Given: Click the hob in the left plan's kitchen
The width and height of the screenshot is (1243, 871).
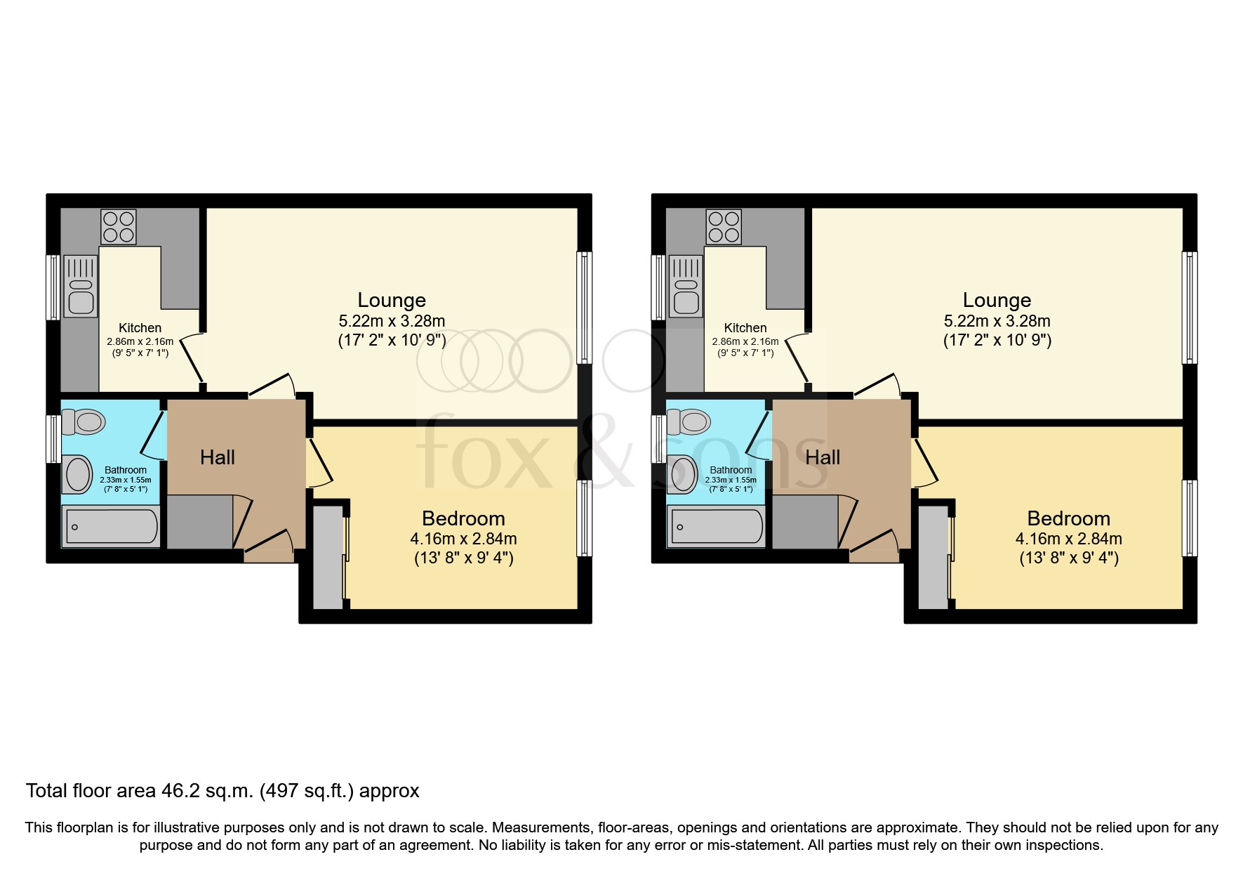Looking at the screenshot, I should tap(118, 226).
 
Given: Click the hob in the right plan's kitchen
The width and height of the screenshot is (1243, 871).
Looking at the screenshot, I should tap(724, 226).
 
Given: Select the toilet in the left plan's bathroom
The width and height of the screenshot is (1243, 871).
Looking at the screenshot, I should tap(84, 422).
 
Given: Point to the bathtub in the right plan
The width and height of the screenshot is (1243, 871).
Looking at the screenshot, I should tap(717, 527).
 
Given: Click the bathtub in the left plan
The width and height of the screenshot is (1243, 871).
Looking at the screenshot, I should tap(112, 527).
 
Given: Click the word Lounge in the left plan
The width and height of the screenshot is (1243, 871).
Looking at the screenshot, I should tap(392, 300).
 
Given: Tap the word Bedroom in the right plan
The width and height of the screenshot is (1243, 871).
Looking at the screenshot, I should tap(1068, 518).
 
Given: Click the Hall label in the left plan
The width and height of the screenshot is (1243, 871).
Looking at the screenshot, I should tap(218, 458).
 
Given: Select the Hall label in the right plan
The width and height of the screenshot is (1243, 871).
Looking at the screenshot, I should tap(823, 458).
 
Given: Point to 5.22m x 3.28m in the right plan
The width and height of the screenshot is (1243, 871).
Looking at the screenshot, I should tap(997, 321).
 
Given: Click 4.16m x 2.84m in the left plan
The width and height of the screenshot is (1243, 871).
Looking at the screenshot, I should tap(463, 539).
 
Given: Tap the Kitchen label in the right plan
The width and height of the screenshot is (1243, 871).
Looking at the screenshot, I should tap(745, 327).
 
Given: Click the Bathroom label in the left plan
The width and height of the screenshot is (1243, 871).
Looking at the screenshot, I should tap(126, 470).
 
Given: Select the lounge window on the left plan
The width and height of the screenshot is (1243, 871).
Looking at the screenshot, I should tap(585, 308).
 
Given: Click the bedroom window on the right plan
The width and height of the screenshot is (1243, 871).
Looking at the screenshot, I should tap(1190, 518).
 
